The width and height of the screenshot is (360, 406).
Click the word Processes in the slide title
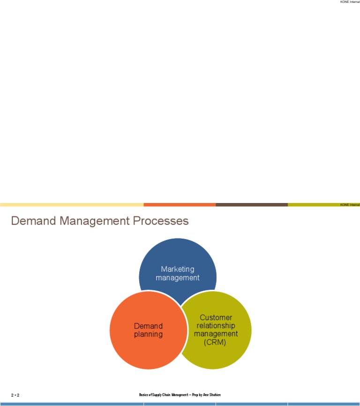pos(163,221)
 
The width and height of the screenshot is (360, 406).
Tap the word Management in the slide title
pos(98,221)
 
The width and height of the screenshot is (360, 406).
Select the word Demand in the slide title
pos(33,221)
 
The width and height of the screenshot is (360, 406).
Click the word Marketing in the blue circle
pos(177,269)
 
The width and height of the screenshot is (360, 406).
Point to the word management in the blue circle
pos(177,278)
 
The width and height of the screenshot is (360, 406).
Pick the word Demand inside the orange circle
pos(148,326)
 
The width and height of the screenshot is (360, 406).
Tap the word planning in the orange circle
pos(148,334)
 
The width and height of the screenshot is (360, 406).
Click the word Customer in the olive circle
pos(216,317)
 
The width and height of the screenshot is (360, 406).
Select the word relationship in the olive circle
pos(216,325)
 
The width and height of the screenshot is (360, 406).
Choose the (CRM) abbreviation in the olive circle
pos(216,342)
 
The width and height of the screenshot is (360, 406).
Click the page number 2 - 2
pos(15,396)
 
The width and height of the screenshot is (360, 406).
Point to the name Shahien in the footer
pos(214,395)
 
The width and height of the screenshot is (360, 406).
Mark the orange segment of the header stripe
pos(180,205)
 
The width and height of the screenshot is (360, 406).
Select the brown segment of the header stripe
pos(252,205)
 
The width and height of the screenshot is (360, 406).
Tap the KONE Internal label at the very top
pos(350,2)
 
